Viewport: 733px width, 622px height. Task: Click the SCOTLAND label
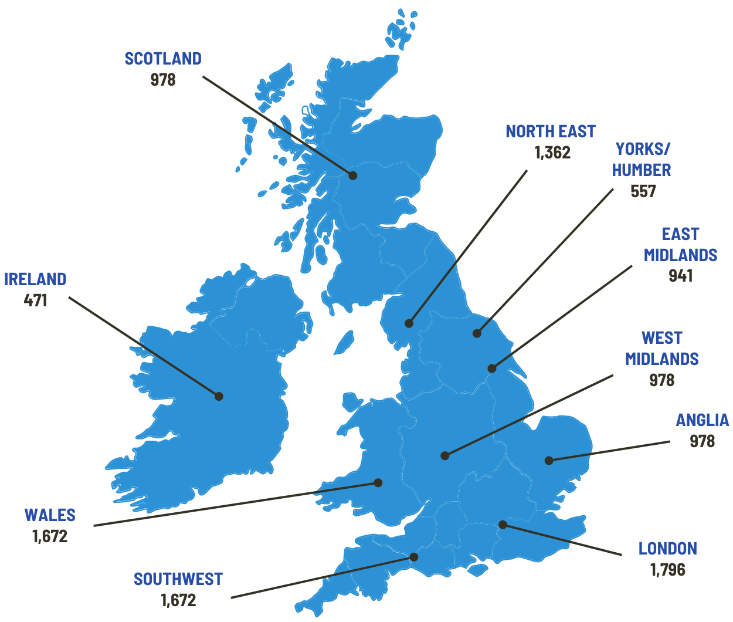pos(163,59)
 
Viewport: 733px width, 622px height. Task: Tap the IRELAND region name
pos(35,279)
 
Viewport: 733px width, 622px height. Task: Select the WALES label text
pos(50,515)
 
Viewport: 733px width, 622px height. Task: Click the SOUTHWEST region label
pos(178,579)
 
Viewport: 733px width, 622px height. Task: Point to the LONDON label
pos(667,549)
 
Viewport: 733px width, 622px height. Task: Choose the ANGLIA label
pos(702,420)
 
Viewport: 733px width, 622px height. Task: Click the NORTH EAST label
pos(550,131)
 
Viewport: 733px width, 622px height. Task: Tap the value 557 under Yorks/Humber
pos(643,191)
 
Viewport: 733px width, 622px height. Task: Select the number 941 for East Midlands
pos(680,276)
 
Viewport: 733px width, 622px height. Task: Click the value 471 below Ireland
pos(35,300)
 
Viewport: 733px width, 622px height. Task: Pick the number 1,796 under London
pos(667,570)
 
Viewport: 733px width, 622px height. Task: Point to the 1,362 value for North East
pos(552,153)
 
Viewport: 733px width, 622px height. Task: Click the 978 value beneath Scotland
pos(163,80)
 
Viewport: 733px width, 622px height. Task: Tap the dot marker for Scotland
pos(352,175)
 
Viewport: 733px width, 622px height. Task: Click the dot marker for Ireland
pos(219,396)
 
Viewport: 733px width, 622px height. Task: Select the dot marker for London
pos(503,525)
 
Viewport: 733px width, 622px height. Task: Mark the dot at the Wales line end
pos(378,483)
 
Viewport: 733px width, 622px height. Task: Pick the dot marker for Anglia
pos(549,460)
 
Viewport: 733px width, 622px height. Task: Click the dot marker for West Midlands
pos(445,455)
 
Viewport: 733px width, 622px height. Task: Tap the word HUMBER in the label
pos(642,170)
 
